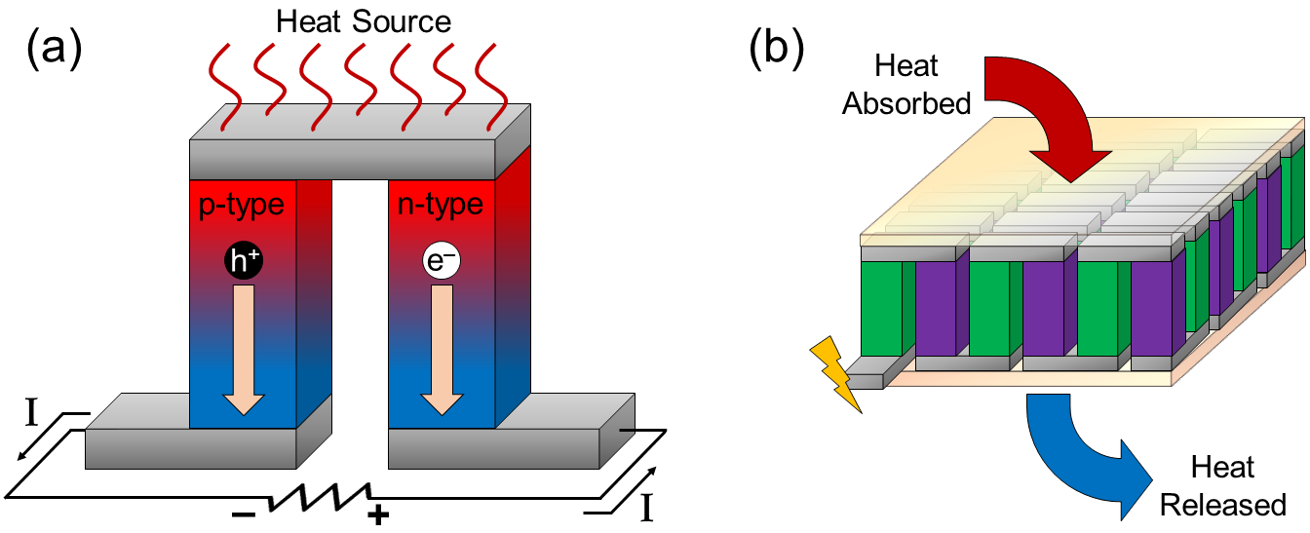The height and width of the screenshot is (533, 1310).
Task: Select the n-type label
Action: coord(441,205)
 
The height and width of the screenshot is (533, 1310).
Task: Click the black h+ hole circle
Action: coord(243,262)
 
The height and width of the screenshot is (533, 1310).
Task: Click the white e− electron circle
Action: coord(440,262)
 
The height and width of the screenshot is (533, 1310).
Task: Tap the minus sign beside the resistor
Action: coord(243,513)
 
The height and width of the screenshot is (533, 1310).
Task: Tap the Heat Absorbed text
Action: coord(906,85)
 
